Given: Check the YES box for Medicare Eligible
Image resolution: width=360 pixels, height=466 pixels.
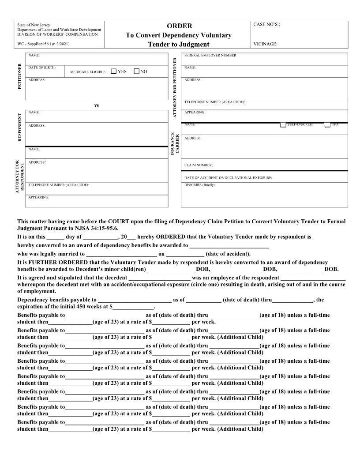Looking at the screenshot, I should (113, 71).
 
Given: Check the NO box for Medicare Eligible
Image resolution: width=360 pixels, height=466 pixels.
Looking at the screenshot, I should (136, 71).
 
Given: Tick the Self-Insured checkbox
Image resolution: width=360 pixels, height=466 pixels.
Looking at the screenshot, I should (283, 124).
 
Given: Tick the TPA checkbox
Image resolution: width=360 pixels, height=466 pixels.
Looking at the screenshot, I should (327, 124).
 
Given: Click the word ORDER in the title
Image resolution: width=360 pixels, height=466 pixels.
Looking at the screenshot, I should (179, 26).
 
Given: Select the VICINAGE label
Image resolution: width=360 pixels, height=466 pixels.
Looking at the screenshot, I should (265, 44).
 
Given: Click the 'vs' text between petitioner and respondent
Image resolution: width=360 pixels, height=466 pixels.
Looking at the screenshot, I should (97, 105).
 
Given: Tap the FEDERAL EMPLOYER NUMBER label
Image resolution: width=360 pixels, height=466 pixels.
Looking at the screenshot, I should (210, 56).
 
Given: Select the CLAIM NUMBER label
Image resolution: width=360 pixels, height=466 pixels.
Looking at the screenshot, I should (199, 165).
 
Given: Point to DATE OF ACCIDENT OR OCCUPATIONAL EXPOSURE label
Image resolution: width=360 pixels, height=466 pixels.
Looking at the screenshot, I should (228, 178).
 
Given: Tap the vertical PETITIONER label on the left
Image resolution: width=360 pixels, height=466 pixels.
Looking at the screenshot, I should (19, 76).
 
